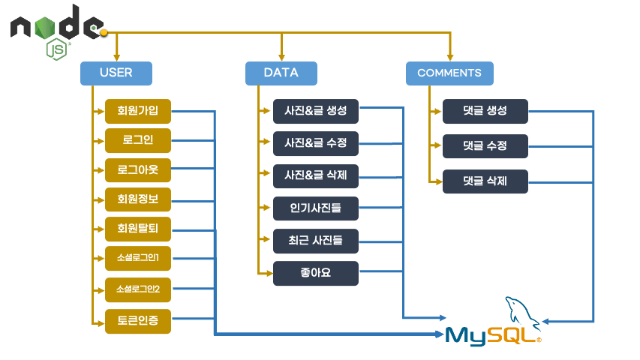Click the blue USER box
[x=116, y=73]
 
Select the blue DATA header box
[x=281, y=73]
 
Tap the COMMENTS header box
[x=449, y=73]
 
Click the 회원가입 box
[x=138, y=111]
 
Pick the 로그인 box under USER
[x=138, y=140]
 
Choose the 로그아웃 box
[x=138, y=169]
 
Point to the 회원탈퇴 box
[x=138, y=229]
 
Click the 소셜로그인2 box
[x=138, y=289]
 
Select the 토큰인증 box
[x=138, y=321]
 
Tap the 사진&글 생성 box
[x=316, y=111]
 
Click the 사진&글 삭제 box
[x=316, y=176]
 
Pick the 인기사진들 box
[x=316, y=208]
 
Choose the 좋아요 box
[x=316, y=273]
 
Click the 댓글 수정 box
[x=485, y=146]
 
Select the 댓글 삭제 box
[x=485, y=181]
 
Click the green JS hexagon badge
[x=56, y=49]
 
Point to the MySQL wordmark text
[x=493, y=336]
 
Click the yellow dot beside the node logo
[x=104, y=33]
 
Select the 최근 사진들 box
[x=316, y=241]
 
